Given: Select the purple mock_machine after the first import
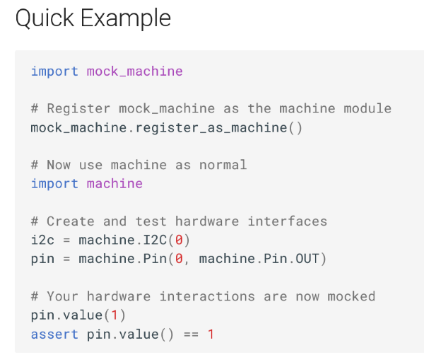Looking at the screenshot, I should click(x=134, y=71).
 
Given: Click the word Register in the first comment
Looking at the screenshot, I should click(x=78, y=108).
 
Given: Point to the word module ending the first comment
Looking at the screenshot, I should click(x=367, y=108).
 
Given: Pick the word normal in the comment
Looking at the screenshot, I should click(x=223, y=165).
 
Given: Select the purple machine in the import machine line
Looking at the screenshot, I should click(x=114, y=183).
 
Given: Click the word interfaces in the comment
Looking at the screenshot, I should click(x=287, y=221).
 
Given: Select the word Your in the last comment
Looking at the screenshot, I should click(x=63, y=296).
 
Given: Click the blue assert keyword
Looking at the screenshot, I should click(x=54, y=334).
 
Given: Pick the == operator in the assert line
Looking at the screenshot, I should click(x=190, y=334).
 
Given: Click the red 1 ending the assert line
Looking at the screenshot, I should click(x=211, y=334).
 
